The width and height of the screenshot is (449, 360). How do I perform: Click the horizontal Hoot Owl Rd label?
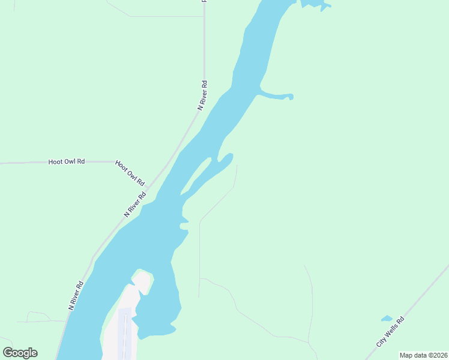click(66, 161)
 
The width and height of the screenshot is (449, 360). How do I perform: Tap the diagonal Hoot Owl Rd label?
click(130, 173)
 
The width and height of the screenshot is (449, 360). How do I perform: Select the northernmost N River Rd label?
click(203, 94)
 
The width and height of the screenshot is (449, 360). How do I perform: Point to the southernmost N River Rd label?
click(76, 295)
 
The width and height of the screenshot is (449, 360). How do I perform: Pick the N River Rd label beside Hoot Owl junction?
click(135, 204)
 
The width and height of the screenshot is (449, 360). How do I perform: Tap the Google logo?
click(20, 353)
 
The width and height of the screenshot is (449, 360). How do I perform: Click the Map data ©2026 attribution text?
click(423, 355)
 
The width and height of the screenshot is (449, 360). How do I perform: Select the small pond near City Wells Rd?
click(387, 319)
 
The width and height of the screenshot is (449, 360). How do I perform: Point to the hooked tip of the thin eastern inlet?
click(291, 96)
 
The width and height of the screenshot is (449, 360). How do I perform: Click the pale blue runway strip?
click(125, 333)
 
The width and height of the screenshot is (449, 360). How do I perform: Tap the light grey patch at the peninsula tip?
click(142, 280)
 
